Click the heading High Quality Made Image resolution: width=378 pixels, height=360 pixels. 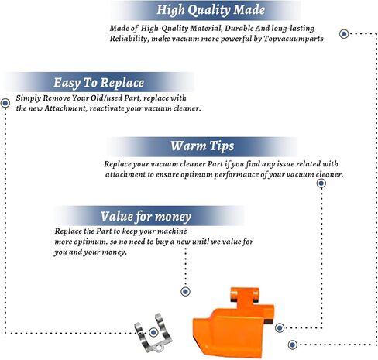point(211,10)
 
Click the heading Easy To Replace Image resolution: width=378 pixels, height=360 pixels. point(98,83)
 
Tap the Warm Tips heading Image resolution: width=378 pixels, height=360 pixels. point(202,146)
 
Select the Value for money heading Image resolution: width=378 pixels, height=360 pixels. point(146,217)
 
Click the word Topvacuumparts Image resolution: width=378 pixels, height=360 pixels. point(294,39)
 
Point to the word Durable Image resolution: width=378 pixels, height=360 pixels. point(239,28)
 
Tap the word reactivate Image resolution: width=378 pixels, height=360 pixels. point(107,108)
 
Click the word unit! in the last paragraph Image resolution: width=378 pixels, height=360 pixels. point(201,242)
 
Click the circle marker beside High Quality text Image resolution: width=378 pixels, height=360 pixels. point(344,34)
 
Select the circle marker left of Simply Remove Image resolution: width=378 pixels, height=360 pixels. point(5,103)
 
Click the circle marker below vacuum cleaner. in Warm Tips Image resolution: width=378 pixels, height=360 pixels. point(321,183)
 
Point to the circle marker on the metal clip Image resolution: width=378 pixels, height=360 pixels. point(153,332)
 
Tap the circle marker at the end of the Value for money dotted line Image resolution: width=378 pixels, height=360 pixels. point(185,292)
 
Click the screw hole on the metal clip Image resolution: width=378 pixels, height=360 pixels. point(160,349)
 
